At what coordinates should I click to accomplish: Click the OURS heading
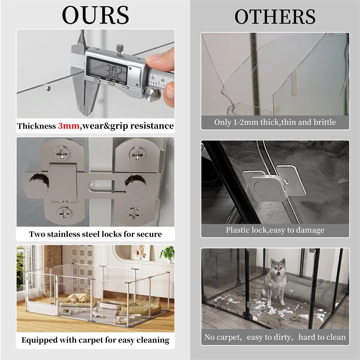click(95, 15)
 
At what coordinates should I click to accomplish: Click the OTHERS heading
click(275, 17)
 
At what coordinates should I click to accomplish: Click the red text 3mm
click(69, 126)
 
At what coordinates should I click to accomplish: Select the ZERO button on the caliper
click(125, 87)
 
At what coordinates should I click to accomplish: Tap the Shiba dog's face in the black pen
click(278, 268)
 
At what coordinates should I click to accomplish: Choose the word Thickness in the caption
click(36, 126)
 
